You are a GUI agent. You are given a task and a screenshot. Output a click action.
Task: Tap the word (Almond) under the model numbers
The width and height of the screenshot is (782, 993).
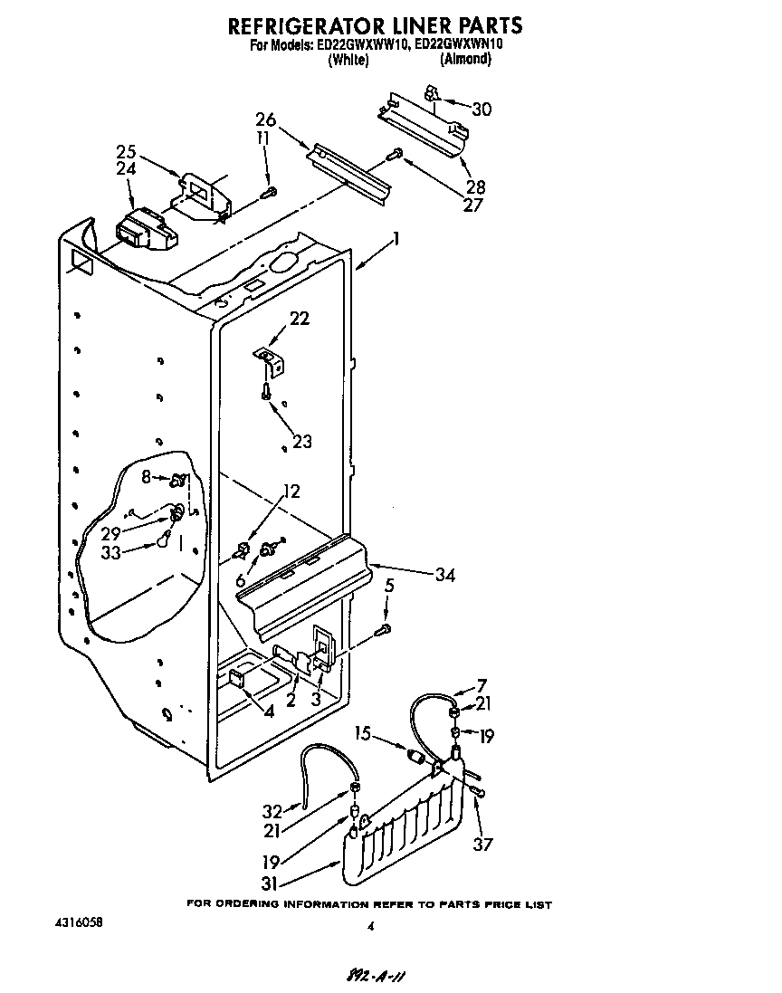(x=464, y=60)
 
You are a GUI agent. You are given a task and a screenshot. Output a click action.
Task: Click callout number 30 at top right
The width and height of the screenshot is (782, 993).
(x=482, y=110)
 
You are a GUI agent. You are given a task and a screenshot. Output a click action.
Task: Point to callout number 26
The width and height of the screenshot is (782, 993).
(x=265, y=120)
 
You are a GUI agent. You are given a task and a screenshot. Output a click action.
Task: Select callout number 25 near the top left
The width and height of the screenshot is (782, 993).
(x=126, y=150)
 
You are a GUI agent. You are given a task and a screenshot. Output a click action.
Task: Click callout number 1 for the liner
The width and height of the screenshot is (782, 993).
(x=395, y=241)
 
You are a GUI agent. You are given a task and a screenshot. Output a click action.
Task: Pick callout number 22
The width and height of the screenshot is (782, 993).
(x=299, y=318)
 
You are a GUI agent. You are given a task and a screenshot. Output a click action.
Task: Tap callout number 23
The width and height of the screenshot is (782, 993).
(x=301, y=442)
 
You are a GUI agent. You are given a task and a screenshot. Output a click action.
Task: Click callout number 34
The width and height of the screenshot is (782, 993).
(x=444, y=575)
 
